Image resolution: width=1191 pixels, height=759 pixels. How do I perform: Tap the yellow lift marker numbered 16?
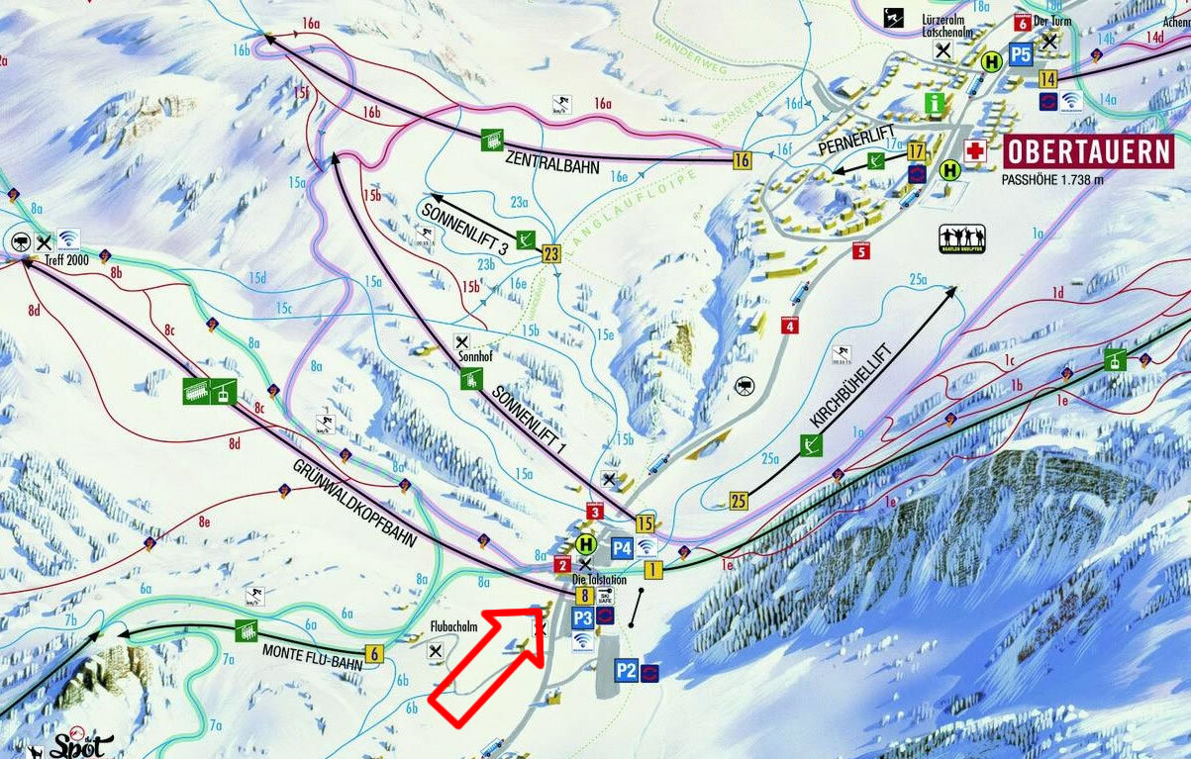tap(742, 159)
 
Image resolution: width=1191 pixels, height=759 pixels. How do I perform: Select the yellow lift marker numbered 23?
tap(551, 254)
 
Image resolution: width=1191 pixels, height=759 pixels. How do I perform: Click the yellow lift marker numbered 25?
tap(738, 502)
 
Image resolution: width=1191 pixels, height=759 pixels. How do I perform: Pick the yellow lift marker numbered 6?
tap(373, 653)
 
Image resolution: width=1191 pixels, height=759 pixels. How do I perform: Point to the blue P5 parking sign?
tap(1021, 54)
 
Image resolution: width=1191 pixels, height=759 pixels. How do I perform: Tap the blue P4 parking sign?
tap(622, 547)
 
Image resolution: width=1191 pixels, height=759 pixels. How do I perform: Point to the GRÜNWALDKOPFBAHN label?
tap(352, 506)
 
